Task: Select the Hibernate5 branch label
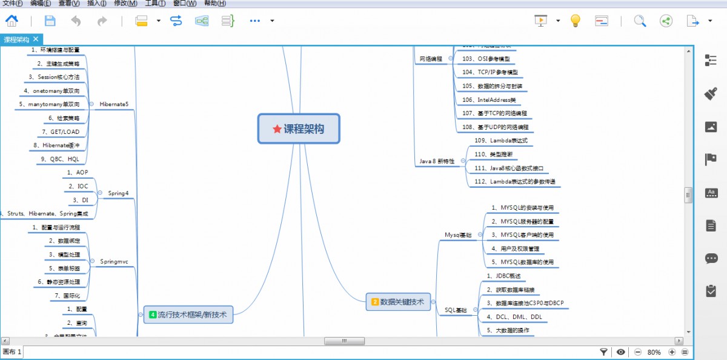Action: tap(114, 104)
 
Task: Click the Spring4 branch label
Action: tap(118, 193)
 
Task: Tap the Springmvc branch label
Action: tap(114, 262)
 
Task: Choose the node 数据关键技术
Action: tap(398, 301)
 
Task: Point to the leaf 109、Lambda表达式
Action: tap(500, 141)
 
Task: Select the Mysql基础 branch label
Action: tap(458, 235)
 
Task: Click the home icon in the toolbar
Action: tap(12, 21)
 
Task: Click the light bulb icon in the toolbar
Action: tap(575, 21)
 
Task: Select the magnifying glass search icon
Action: tap(640, 21)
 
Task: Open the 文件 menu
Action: tap(12, 3)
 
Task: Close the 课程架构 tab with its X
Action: tap(36, 39)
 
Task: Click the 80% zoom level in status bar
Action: tap(654, 352)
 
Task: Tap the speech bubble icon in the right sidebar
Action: tap(711, 259)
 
